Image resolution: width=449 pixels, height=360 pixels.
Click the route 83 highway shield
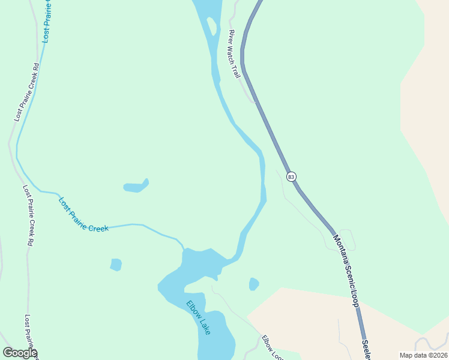(x=291, y=176)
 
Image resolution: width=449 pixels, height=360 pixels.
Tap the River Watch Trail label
(x=234, y=54)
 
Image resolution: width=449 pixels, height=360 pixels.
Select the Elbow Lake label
(x=198, y=317)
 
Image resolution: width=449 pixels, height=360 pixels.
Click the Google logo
(x=20, y=353)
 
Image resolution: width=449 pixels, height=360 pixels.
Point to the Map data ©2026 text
(x=423, y=355)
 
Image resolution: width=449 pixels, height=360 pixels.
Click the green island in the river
(x=211, y=26)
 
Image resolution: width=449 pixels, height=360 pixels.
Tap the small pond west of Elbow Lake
(x=116, y=264)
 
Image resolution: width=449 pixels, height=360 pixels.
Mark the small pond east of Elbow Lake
(x=254, y=283)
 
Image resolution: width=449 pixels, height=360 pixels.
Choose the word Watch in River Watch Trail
(x=234, y=55)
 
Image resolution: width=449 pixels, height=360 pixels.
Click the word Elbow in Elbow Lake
(x=193, y=309)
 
